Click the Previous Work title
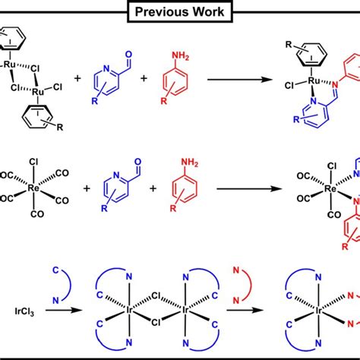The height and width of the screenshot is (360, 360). tap(179, 12)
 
